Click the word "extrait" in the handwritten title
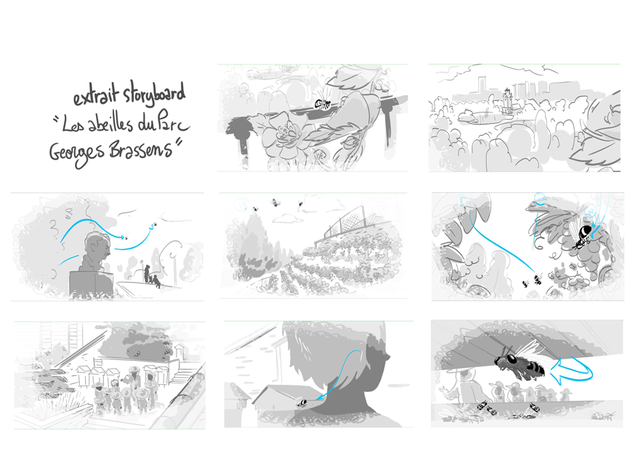click(x=97, y=96)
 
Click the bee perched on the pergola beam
click(x=323, y=104)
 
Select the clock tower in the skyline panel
click(x=507, y=101)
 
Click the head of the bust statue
click(x=97, y=248)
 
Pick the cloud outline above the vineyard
click(x=288, y=219)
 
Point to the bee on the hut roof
click(x=302, y=402)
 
